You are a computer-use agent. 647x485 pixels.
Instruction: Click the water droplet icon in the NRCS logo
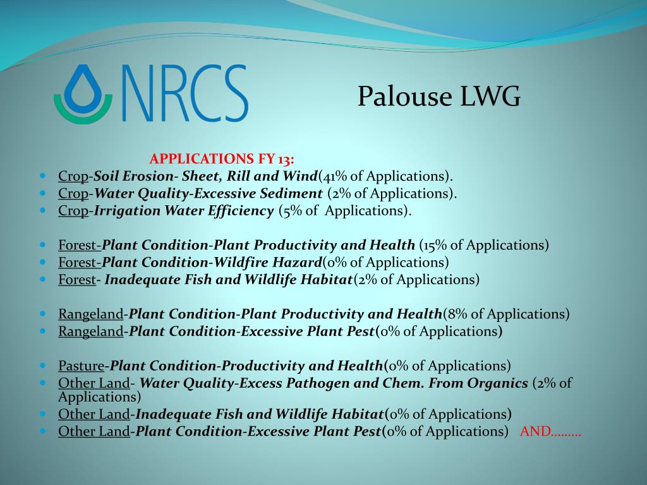tap(83, 88)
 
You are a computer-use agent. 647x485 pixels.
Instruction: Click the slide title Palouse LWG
tap(439, 96)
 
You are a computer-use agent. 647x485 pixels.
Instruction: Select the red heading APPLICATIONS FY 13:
tap(222, 159)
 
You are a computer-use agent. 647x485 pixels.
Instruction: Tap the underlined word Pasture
tap(82, 366)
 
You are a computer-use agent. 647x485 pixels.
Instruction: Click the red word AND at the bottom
tap(536, 431)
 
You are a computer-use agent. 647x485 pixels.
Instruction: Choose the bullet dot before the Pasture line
tap(44, 366)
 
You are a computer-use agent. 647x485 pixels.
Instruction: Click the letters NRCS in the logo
tap(185, 93)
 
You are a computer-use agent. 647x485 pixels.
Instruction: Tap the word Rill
tap(238, 176)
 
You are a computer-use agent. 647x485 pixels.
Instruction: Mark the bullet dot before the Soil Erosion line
tap(44, 176)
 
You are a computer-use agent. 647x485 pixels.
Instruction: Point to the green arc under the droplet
tap(83, 115)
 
